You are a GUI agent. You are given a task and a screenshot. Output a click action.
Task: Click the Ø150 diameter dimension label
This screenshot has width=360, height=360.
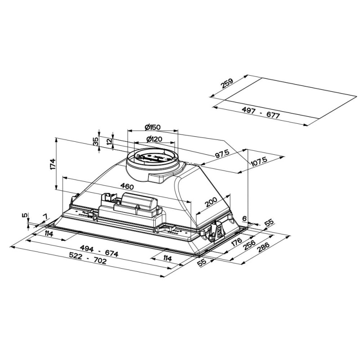click(153, 127)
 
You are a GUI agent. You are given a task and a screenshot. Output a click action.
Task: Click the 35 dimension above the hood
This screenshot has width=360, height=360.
click(95, 141)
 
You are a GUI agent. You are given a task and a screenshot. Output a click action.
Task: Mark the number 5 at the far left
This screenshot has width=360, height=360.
click(25, 215)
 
